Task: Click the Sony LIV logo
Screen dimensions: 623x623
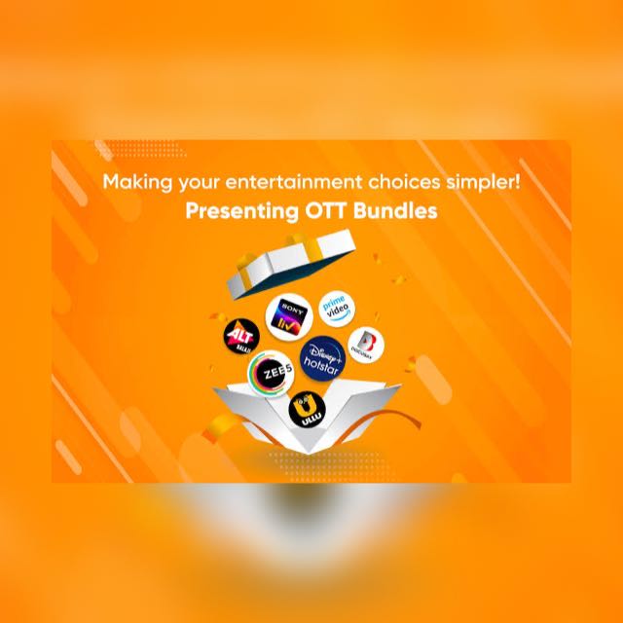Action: pos(287,314)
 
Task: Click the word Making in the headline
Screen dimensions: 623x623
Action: pos(136,182)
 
